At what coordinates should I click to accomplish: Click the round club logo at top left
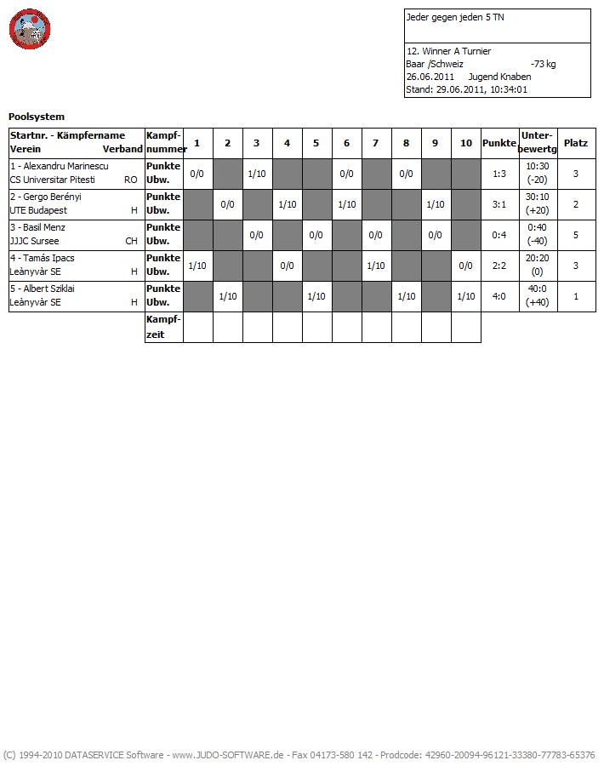click(x=31, y=30)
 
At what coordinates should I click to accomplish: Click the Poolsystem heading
click(x=37, y=117)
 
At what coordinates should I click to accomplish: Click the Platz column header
click(x=576, y=143)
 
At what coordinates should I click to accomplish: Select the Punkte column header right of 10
click(x=499, y=143)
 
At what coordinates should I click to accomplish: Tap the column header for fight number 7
click(x=376, y=143)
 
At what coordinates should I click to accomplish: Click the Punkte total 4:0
click(x=499, y=296)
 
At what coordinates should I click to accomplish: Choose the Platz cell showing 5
click(x=576, y=235)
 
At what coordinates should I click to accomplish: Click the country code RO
click(x=130, y=180)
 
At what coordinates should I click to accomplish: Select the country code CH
click(x=131, y=241)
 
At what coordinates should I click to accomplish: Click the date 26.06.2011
click(x=430, y=77)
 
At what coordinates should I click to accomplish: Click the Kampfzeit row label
click(x=163, y=327)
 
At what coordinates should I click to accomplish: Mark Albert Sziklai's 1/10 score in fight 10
click(x=465, y=296)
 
